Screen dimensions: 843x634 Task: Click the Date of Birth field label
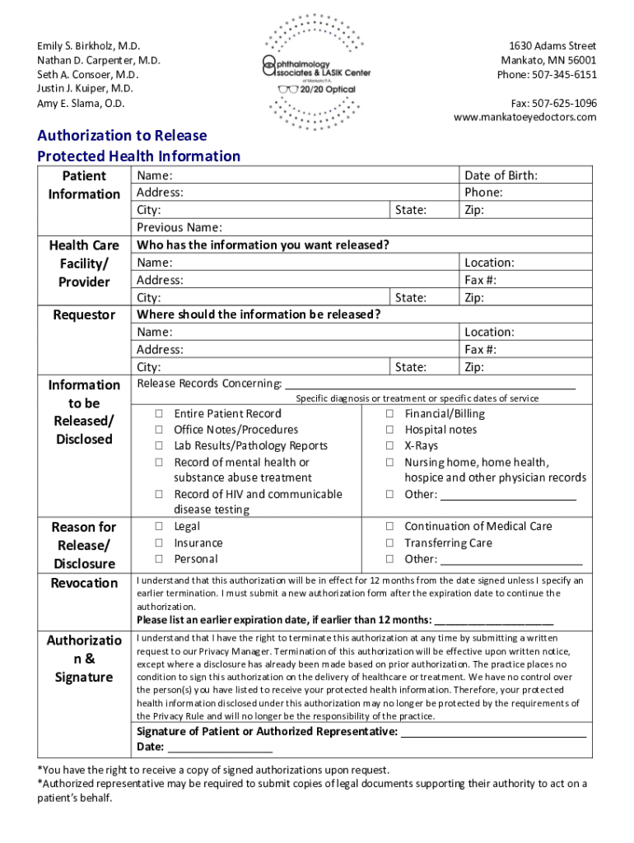[x=501, y=175]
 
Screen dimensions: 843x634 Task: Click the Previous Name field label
[x=179, y=227]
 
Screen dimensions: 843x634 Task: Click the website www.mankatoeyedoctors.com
[x=524, y=117]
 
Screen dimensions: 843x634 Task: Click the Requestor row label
[x=84, y=315]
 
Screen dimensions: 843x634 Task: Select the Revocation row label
[x=84, y=583]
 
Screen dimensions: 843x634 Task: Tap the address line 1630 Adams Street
[x=552, y=46]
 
